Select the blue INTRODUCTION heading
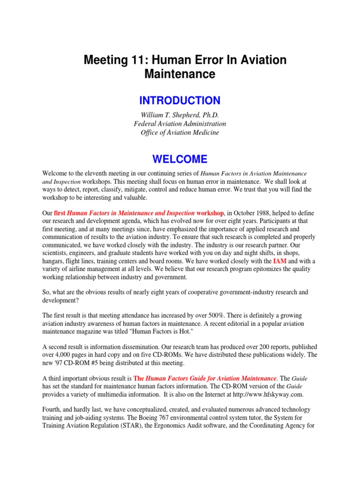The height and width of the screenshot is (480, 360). pyautogui.click(x=180, y=100)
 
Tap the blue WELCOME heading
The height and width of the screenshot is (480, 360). pyautogui.click(x=180, y=159)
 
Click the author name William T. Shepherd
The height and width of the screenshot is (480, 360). pyautogui.click(x=180, y=115)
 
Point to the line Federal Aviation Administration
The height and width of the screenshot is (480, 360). pyautogui.click(x=180, y=124)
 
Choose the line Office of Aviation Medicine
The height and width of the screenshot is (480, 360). pyautogui.click(x=180, y=133)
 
